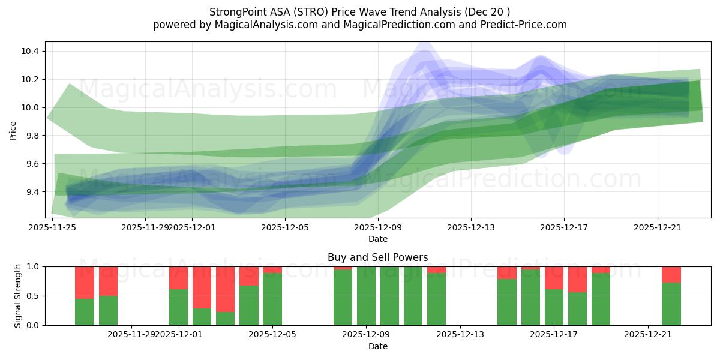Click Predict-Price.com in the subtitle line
[525, 25]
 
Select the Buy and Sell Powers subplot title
[377, 257]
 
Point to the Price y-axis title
[13, 130]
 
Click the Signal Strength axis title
[18, 295]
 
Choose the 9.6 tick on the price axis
[31, 164]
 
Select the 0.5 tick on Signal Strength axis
[32, 296]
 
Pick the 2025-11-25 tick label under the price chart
[52, 227]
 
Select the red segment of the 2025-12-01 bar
[178, 278]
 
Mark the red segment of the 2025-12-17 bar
[554, 278]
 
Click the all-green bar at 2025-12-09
[366, 296]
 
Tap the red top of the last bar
[671, 274]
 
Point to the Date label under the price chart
[377, 239]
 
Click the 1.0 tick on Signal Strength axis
[32, 266]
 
